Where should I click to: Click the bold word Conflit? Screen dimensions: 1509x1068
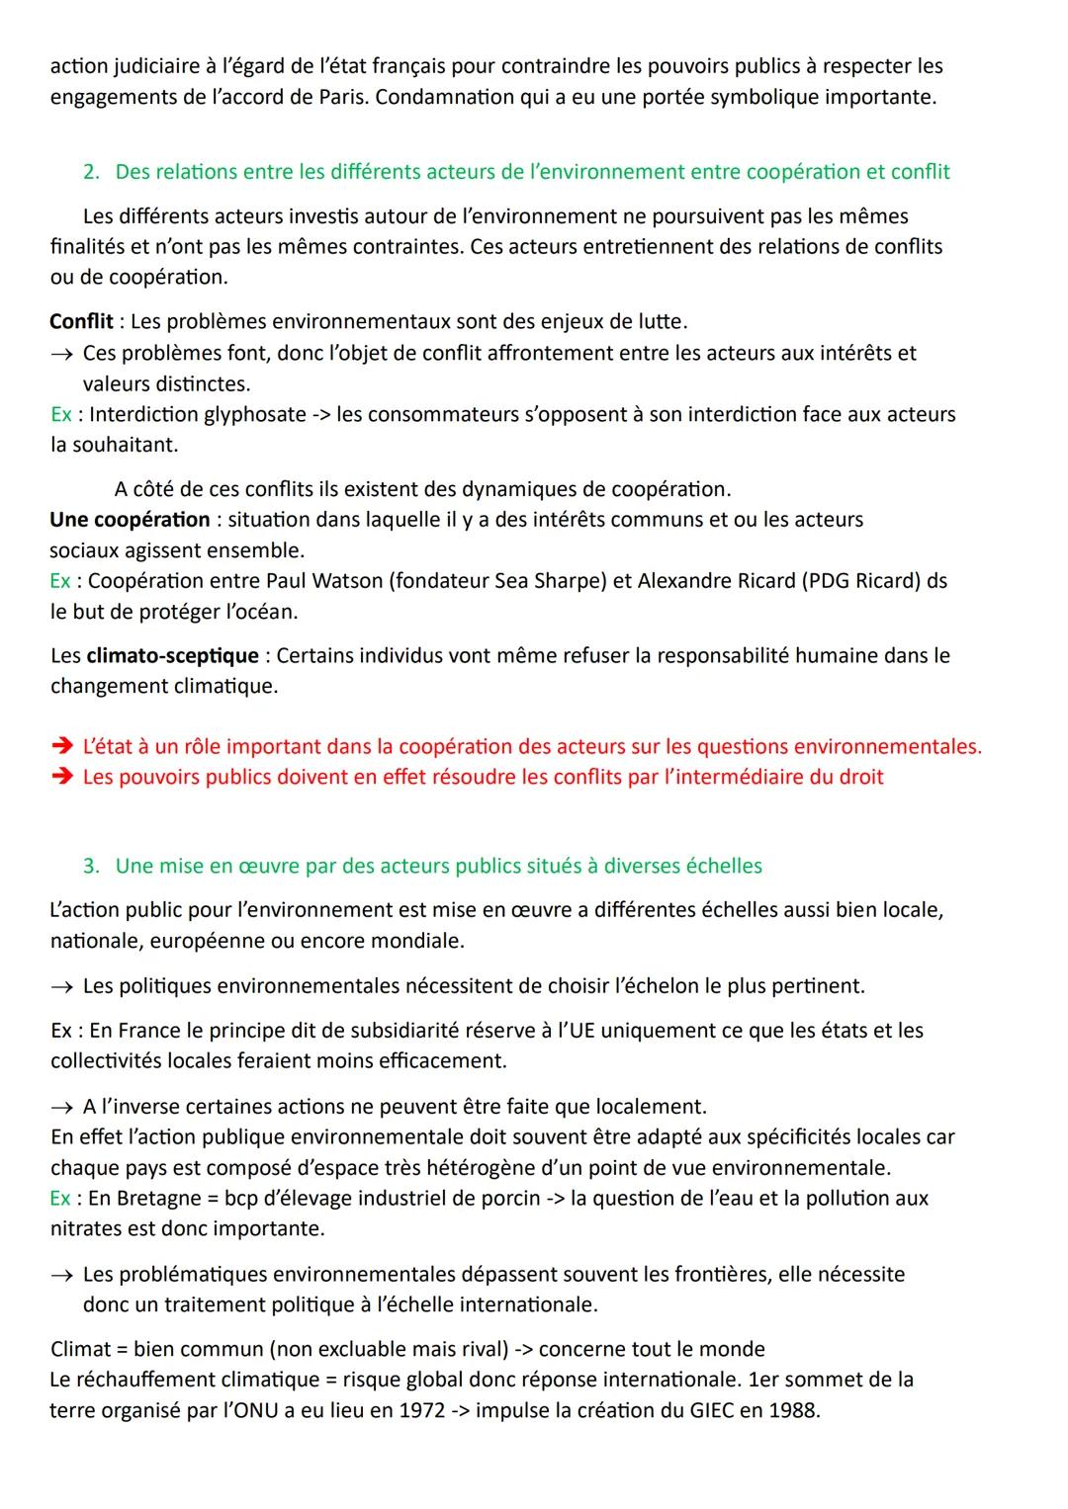tap(81, 321)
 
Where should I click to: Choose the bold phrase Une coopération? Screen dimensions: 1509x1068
tap(130, 519)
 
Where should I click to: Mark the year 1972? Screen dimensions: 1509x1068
tap(421, 1410)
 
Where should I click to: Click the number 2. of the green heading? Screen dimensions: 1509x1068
tap(92, 172)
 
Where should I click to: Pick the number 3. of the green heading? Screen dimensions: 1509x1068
tap(92, 866)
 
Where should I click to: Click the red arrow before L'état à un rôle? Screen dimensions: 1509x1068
tap(61, 747)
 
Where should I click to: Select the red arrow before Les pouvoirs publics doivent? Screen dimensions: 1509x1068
tap(61, 778)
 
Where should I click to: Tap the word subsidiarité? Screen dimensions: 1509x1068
tap(439, 1030)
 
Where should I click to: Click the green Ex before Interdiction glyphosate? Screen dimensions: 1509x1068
tap(60, 414)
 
